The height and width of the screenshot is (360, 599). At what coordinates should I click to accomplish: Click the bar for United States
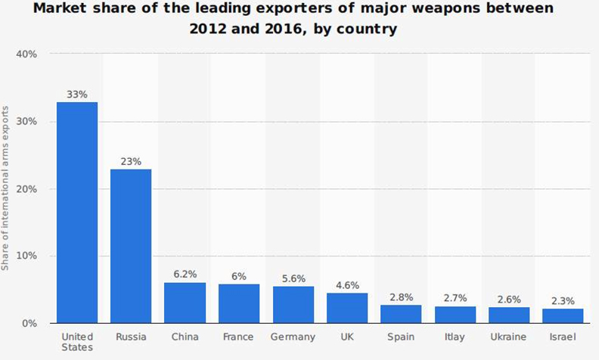click(76, 213)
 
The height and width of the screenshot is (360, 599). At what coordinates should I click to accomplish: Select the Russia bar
click(131, 246)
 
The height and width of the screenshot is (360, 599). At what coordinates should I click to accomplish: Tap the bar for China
click(185, 303)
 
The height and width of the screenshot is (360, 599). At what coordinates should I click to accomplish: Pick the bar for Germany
click(293, 304)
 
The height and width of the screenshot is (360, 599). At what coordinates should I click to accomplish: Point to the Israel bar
click(563, 315)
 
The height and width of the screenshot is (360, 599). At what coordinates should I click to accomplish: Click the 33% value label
click(77, 95)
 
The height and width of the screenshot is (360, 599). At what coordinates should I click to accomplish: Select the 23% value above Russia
click(131, 161)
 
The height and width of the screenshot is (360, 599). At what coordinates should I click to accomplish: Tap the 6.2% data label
click(185, 275)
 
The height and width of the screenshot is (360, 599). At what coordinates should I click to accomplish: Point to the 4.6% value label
click(346, 285)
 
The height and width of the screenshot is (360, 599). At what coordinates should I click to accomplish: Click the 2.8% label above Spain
click(401, 297)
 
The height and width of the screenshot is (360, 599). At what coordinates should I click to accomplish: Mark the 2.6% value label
click(509, 299)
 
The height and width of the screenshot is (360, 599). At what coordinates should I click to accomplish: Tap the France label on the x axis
click(238, 337)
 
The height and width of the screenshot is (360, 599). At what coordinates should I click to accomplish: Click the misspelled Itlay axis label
click(455, 337)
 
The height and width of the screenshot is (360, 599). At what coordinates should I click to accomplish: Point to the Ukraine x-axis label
click(509, 337)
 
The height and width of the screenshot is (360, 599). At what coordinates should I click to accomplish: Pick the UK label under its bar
click(346, 337)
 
